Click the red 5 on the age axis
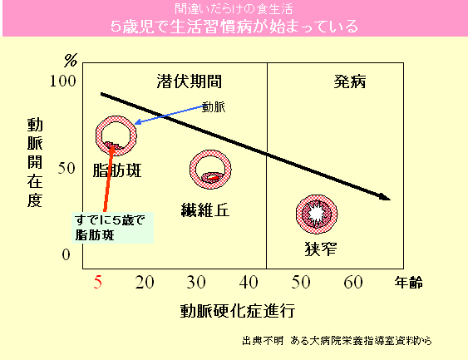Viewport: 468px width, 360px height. [x=98, y=282]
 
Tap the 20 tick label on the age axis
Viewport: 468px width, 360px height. [x=145, y=282]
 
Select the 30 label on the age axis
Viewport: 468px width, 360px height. [x=196, y=282]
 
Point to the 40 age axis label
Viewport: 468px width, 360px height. [x=249, y=282]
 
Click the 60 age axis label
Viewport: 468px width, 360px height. [x=353, y=282]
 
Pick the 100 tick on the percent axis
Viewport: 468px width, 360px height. [x=62, y=81]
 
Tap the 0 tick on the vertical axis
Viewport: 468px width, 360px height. [x=66, y=254]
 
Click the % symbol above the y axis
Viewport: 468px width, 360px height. [x=71, y=61]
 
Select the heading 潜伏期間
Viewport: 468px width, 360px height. [x=190, y=81]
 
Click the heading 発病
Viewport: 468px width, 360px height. [x=350, y=81]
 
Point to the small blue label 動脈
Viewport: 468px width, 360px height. [x=214, y=107]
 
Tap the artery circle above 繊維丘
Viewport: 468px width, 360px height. [x=191, y=170]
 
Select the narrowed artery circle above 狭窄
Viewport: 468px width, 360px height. [x=298, y=214]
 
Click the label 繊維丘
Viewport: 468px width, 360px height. [x=205, y=210]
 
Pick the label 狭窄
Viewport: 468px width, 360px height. [x=321, y=249]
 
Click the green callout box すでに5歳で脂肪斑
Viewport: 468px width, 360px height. [x=112, y=228]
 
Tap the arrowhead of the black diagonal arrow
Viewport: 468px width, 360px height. [x=387, y=198]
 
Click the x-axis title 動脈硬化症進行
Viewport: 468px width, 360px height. [x=238, y=311]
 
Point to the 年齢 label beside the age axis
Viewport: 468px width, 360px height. [x=409, y=283]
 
